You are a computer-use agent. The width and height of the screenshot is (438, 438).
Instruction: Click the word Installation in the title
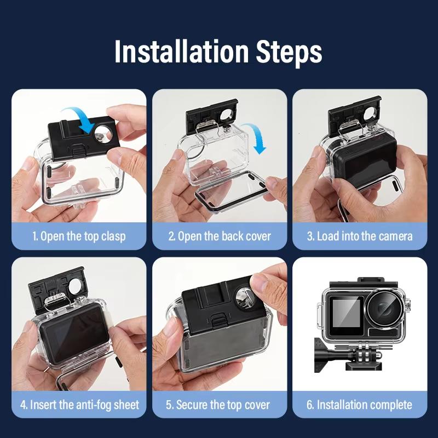point(182,51)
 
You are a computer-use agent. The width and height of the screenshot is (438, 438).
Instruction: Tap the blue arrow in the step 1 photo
point(81,119)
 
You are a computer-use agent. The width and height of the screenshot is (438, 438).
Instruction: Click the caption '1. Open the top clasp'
point(79,237)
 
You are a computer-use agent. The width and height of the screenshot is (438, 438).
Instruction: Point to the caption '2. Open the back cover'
point(220,237)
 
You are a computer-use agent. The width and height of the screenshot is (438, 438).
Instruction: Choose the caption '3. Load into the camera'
point(360,237)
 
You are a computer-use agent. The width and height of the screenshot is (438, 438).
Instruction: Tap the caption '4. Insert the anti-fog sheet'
point(79,405)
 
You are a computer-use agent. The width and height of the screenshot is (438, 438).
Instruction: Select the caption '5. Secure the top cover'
point(218,405)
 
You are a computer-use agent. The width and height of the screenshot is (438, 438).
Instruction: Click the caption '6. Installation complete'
point(359,405)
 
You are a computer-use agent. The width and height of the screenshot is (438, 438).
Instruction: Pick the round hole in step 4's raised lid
point(75,286)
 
